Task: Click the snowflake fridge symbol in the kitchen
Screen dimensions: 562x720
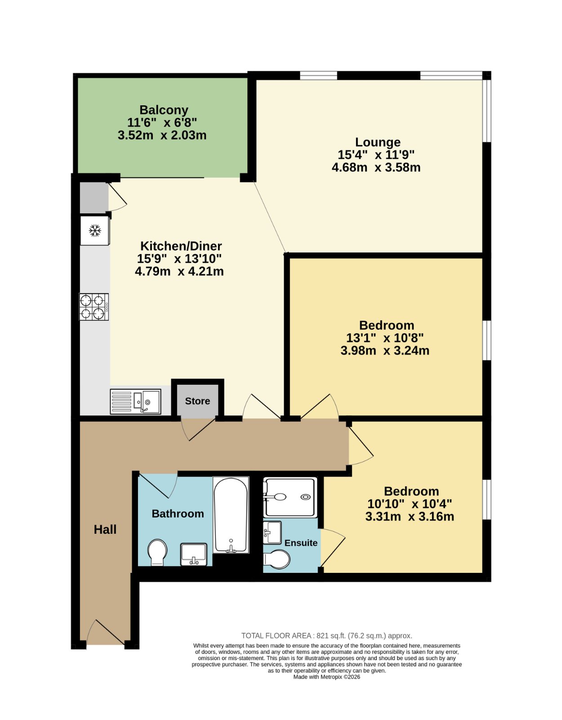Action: coord(95,230)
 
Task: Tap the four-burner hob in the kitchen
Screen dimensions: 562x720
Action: coord(94,307)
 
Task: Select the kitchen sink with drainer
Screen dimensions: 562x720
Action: coord(135,401)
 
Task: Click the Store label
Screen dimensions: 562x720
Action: coord(197,401)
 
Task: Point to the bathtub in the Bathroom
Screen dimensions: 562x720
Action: coord(230,515)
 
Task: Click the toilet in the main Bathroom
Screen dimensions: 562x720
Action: coord(157,552)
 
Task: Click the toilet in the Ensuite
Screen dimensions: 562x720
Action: coord(277,559)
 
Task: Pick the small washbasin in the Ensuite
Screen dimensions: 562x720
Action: coord(272,532)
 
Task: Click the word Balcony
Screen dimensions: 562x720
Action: coord(164,110)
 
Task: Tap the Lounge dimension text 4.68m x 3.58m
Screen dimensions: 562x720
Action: coord(376,167)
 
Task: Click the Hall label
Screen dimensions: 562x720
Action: coord(105,530)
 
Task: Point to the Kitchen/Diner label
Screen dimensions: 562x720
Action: coord(181,246)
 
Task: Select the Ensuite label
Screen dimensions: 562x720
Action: coord(301,543)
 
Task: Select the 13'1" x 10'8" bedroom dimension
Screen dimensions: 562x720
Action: coord(384,338)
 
